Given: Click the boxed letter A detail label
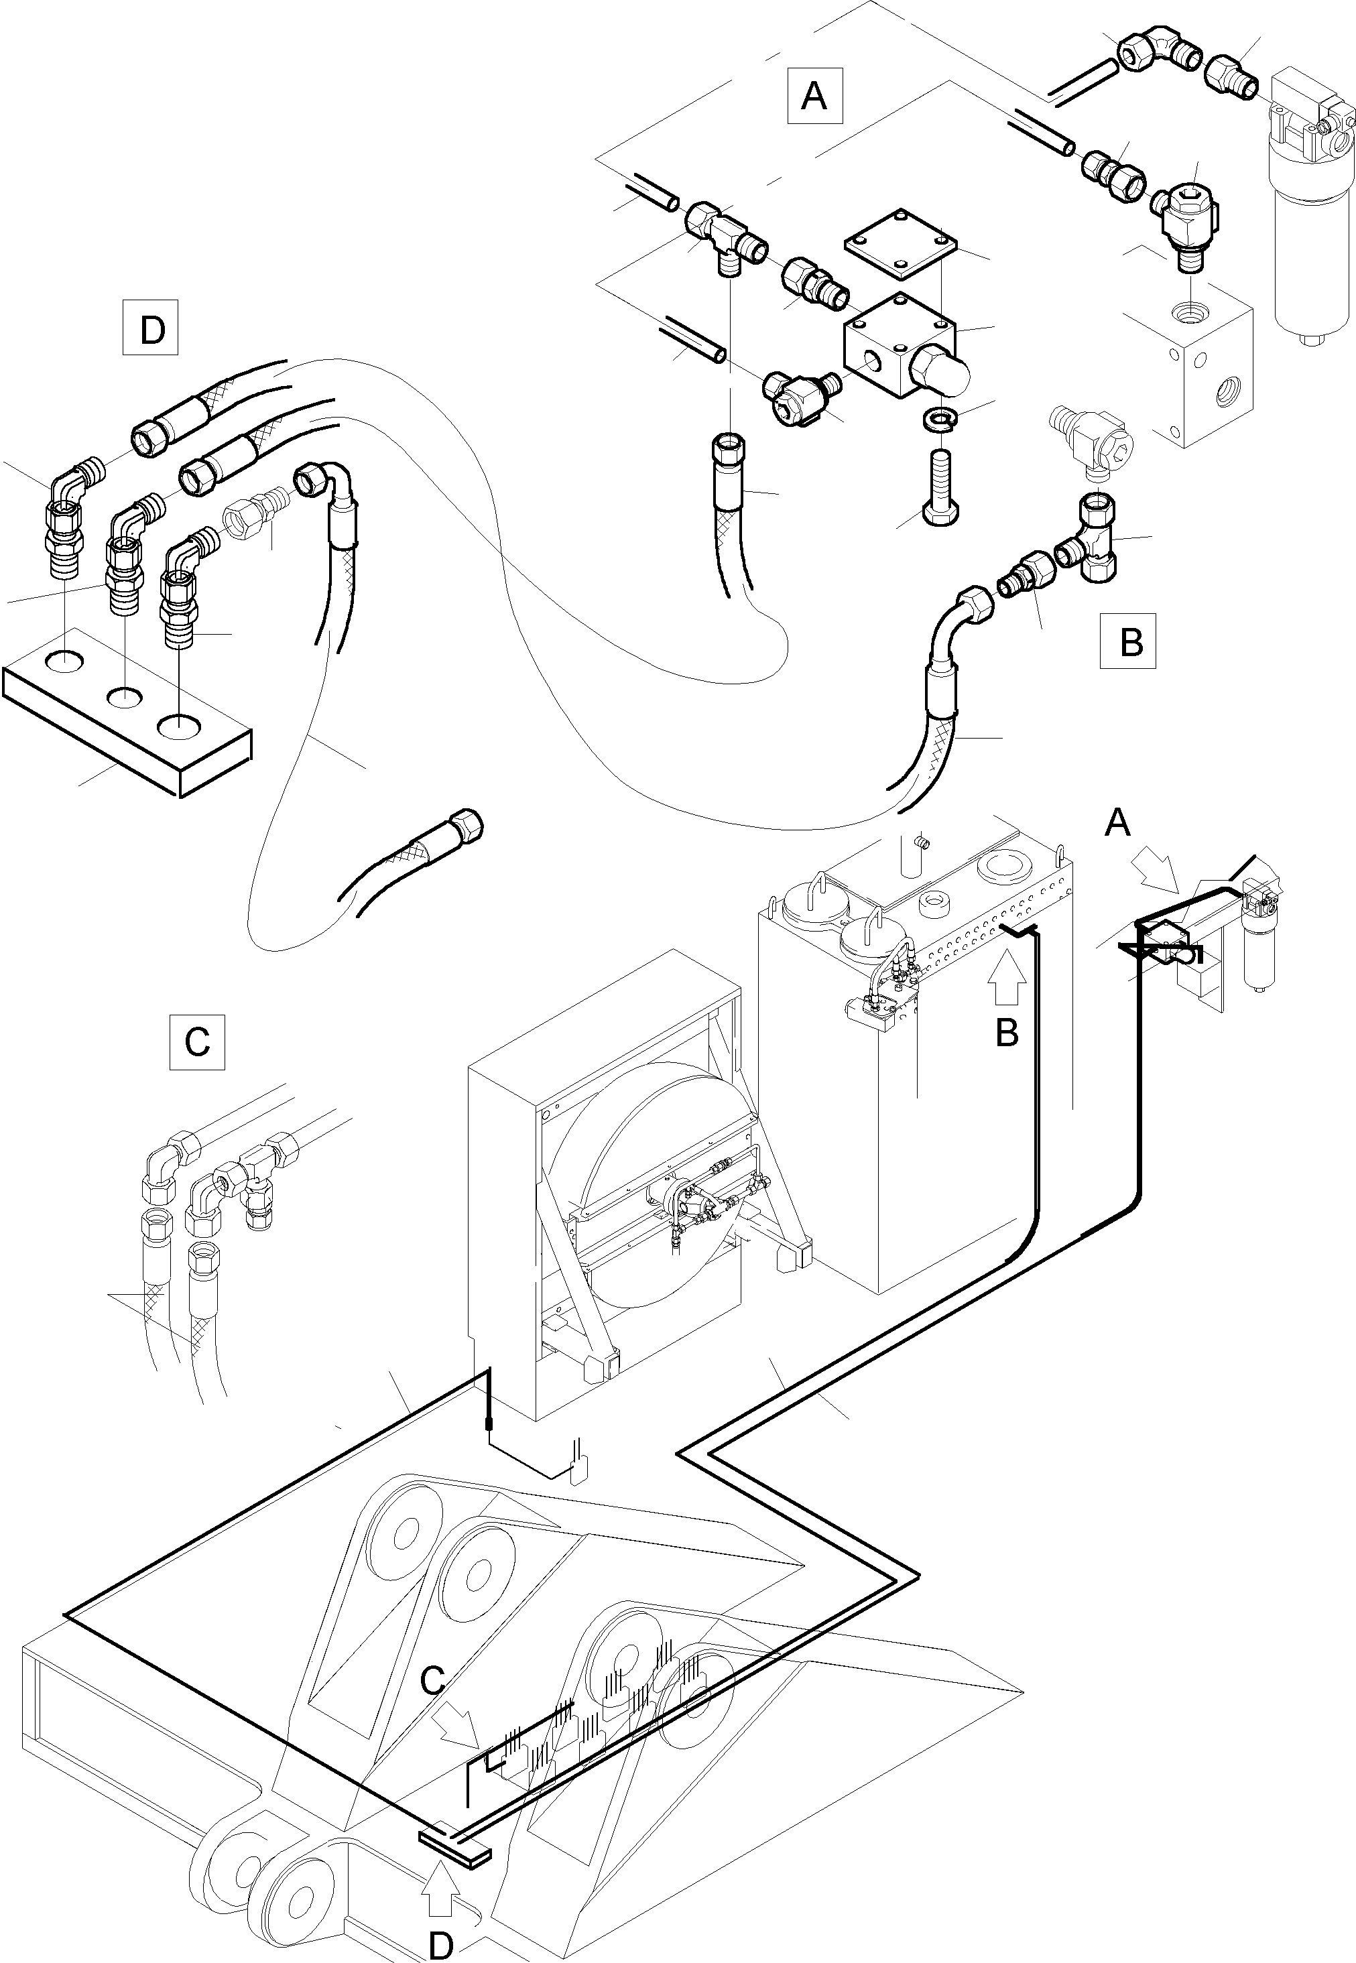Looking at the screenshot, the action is pos(814,96).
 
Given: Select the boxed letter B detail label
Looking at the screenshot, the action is pos(1127,641).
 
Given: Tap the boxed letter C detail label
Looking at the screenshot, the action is pos(197,1041).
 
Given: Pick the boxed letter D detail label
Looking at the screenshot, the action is pos(150,327).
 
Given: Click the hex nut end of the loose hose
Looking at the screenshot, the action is pos(467,823).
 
